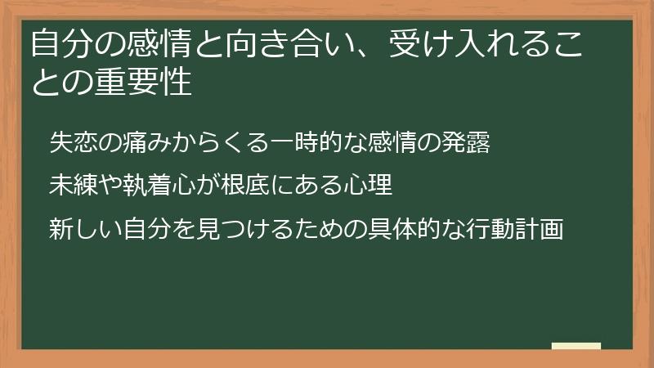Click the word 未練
click(68, 186)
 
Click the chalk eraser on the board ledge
click(576, 346)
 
